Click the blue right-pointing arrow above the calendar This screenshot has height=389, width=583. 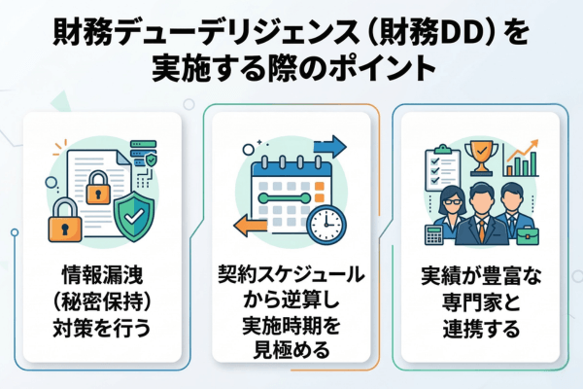click(329, 147)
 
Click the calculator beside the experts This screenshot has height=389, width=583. click(434, 232)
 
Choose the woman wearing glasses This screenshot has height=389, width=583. click(449, 206)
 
